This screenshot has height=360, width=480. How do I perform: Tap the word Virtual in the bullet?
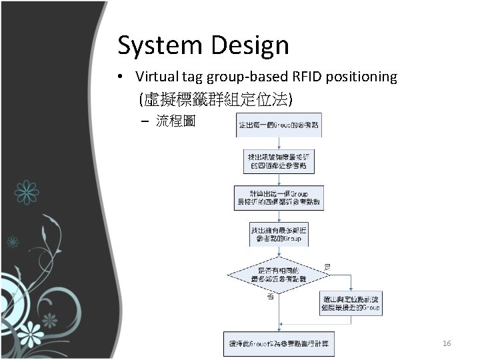coord(157,77)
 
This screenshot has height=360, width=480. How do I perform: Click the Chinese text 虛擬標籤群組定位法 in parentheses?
coord(215,100)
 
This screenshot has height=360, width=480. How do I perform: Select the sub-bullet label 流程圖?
coord(175,121)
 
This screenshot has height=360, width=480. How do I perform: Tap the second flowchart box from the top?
coord(279,160)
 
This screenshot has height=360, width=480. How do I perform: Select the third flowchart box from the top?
coord(279,197)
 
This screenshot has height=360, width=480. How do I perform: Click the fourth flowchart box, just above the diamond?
coord(279,234)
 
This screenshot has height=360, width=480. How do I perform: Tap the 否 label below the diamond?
coord(270,297)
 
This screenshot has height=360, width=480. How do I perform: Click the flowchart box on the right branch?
coord(351,303)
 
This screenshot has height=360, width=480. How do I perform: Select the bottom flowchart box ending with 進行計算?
coord(279,344)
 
